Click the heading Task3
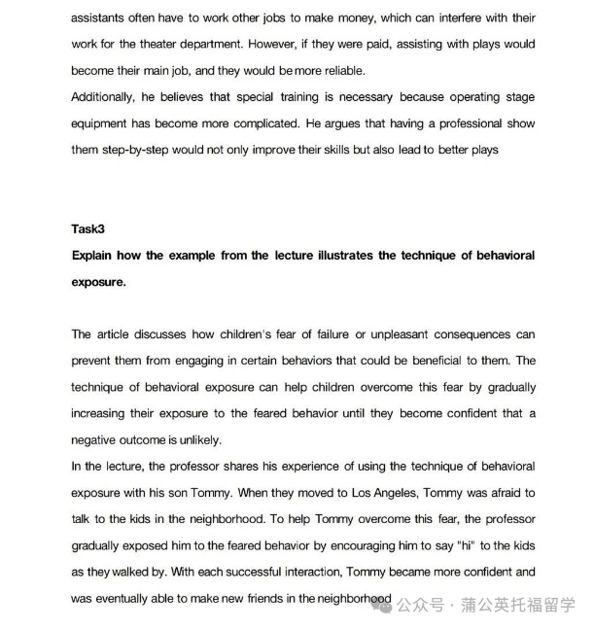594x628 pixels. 90,229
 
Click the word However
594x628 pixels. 273,45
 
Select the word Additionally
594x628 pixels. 104,97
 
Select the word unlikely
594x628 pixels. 196,439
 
